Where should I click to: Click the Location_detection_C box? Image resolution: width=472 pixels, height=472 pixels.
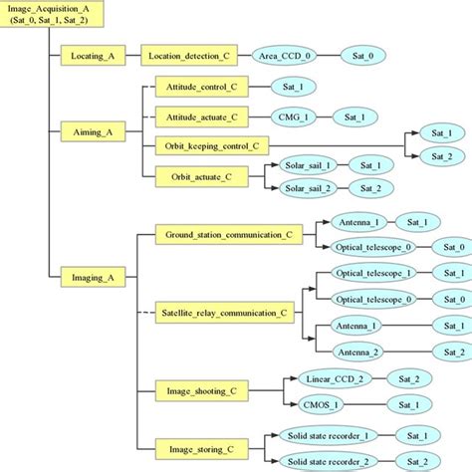point(190,56)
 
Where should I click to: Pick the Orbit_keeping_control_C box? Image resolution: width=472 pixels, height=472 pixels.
point(214,146)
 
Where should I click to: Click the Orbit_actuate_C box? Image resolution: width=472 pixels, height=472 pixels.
point(202,176)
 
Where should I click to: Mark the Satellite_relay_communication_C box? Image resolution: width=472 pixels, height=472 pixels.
point(227,313)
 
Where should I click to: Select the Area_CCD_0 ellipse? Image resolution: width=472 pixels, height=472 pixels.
point(287,56)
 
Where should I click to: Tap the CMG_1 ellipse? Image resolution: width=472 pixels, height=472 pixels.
point(285,117)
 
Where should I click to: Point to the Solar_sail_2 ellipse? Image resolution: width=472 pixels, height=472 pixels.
point(307,188)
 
